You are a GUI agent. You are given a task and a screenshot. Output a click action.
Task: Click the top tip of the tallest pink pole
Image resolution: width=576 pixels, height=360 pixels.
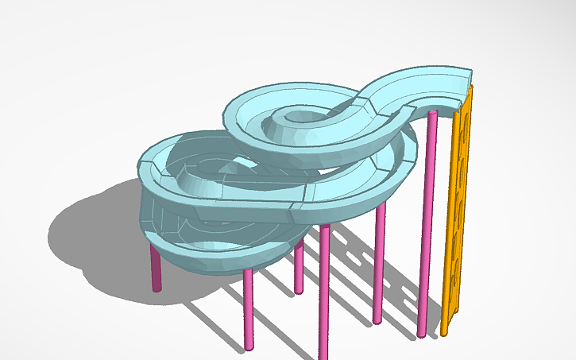[x=432, y=114]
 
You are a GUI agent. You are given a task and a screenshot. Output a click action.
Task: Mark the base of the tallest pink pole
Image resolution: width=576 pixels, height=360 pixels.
[x=421, y=334]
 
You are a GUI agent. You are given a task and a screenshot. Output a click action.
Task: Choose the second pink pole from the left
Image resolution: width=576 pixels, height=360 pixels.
[x=248, y=310]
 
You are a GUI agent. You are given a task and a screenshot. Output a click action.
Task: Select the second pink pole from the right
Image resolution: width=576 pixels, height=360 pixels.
[x=379, y=262]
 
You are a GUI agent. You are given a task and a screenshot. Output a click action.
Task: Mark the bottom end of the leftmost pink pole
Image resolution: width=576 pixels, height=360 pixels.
[x=157, y=288]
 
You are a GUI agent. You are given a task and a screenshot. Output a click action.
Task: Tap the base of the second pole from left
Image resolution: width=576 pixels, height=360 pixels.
[x=248, y=347]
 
